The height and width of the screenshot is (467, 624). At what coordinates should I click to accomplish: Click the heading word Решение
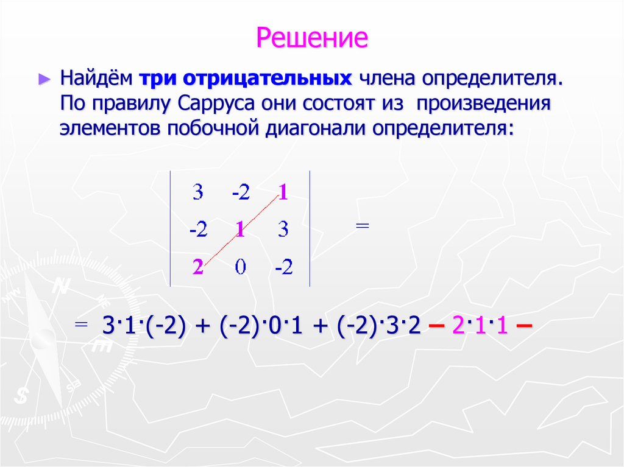[312, 38]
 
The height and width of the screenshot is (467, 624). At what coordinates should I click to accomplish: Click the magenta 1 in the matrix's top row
[283, 194]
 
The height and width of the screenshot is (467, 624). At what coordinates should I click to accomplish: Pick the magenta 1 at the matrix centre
[240, 230]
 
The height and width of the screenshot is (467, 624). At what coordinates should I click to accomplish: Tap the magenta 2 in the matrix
[197, 267]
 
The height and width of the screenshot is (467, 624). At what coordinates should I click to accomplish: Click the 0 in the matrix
[240, 267]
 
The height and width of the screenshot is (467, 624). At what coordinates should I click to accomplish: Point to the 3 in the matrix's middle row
[283, 230]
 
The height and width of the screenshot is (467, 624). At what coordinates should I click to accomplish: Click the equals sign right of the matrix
[362, 226]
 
